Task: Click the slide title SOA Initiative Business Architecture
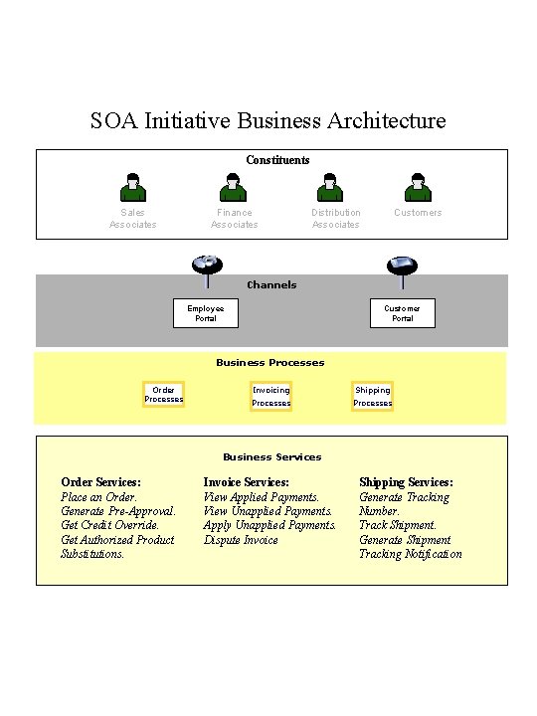coord(268,121)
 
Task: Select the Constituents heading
coord(277,160)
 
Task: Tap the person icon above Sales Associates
coord(132,187)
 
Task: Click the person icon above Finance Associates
coord(233,187)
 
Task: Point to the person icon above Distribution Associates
coord(329,187)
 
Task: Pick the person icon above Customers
coord(418,187)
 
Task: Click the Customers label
coord(418,213)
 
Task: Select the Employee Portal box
coord(205,313)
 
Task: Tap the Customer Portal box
coord(402,313)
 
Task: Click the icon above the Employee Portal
coord(206,266)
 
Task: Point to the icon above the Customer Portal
coord(402,266)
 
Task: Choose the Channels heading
coord(271,285)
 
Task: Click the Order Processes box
coord(163,395)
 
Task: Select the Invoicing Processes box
coord(270,397)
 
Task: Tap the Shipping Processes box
coord(372,397)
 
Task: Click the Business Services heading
coord(271,457)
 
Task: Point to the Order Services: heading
coord(100,482)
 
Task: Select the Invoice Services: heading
coord(246,482)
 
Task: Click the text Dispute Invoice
coord(241,540)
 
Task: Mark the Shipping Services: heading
coord(406,482)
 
